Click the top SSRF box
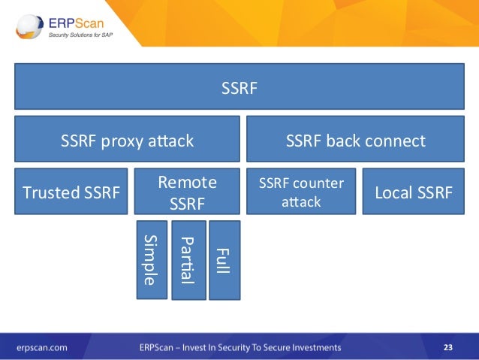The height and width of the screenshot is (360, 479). click(x=239, y=89)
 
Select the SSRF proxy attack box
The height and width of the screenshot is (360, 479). click(x=127, y=140)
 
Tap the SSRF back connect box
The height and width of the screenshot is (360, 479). click(x=355, y=140)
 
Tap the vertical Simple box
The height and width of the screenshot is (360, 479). click(x=152, y=259)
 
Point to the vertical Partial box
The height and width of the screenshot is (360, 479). click(x=188, y=259)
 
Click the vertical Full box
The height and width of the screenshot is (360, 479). click(x=224, y=259)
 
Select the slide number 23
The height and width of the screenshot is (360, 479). click(x=448, y=347)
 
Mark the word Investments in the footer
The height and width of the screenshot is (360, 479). click(x=314, y=347)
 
